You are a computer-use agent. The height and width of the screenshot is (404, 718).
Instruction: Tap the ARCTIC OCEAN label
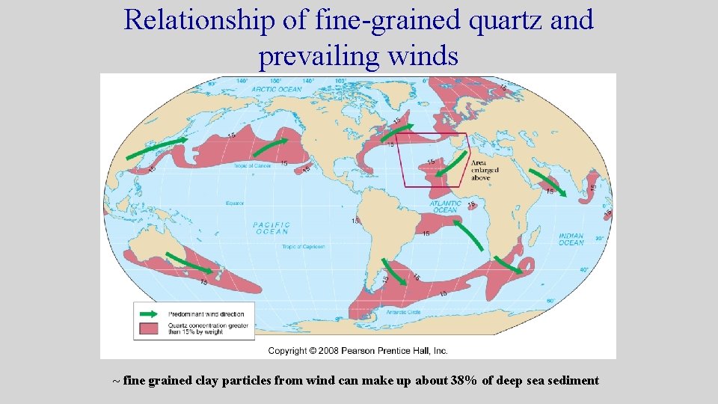point(276,89)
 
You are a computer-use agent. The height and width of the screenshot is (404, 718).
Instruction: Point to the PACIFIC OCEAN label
point(271,227)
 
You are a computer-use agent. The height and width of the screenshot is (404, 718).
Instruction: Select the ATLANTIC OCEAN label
point(446,206)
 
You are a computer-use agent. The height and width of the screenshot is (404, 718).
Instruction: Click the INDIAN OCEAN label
point(571,239)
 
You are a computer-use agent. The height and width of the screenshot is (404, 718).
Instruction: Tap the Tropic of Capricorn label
point(304,247)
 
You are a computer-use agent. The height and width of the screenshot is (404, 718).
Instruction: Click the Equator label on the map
point(236,202)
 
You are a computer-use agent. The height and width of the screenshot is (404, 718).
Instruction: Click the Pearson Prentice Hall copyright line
point(358,350)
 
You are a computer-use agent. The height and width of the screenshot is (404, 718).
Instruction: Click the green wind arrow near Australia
point(188,263)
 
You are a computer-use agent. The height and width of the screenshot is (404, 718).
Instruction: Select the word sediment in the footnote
point(574,381)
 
